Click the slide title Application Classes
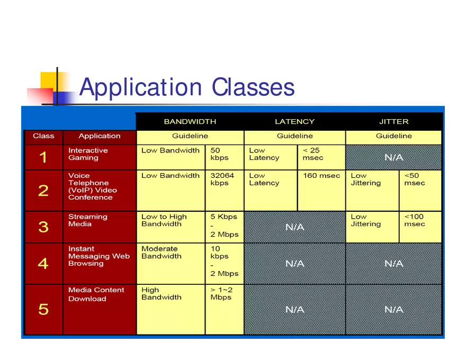187,87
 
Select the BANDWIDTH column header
190,121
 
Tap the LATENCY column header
294,121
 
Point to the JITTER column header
394,121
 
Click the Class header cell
43,136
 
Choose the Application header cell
100,136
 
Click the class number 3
43,227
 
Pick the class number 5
43,309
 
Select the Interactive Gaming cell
100,157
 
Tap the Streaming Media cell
100,227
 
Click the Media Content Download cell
100,310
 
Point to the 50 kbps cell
225,157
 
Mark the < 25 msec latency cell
321,157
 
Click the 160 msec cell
321,191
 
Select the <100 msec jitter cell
420,227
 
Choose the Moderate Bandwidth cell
171,264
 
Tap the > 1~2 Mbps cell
225,310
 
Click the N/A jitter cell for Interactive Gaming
394,157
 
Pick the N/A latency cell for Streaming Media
294,227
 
